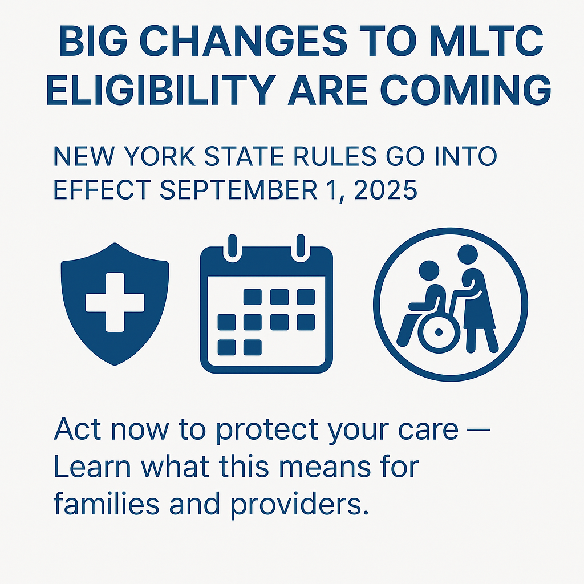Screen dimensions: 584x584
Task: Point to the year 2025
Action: coord(386,189)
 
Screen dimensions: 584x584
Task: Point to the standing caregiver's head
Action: coord(468,254)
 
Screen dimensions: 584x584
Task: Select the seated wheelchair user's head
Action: coord(429,271)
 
